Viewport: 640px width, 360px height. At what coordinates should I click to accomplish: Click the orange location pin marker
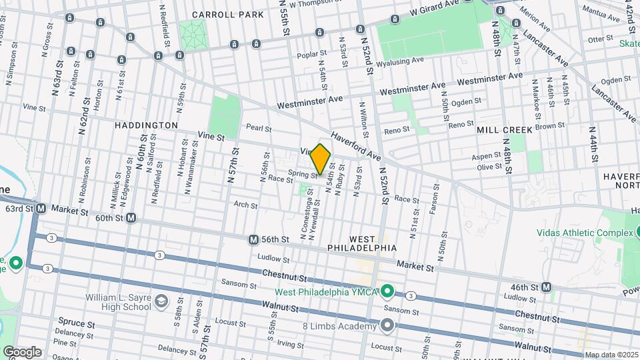point(321,159)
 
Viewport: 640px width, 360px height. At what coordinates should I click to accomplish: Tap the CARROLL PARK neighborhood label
point(219,14)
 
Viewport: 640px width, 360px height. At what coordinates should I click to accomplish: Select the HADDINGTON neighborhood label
point(146,125)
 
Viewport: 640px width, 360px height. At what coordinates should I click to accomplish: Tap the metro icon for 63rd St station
point(41,209)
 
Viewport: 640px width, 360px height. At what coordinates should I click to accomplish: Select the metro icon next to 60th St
point(131,217)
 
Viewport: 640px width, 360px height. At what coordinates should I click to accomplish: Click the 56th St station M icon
point(253,239)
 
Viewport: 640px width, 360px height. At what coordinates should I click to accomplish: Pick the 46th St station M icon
point(547,287)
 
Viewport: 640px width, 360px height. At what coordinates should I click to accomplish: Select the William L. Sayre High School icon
point(161,302)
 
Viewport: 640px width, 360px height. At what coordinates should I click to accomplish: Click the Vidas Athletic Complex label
point(585,233)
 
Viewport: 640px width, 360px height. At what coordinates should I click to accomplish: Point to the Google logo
point(21,352)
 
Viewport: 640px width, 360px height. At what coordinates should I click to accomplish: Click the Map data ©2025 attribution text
point(610,355)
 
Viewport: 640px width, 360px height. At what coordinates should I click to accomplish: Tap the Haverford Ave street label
point(356,146)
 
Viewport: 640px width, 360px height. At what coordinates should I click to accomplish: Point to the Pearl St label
point(259,128)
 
